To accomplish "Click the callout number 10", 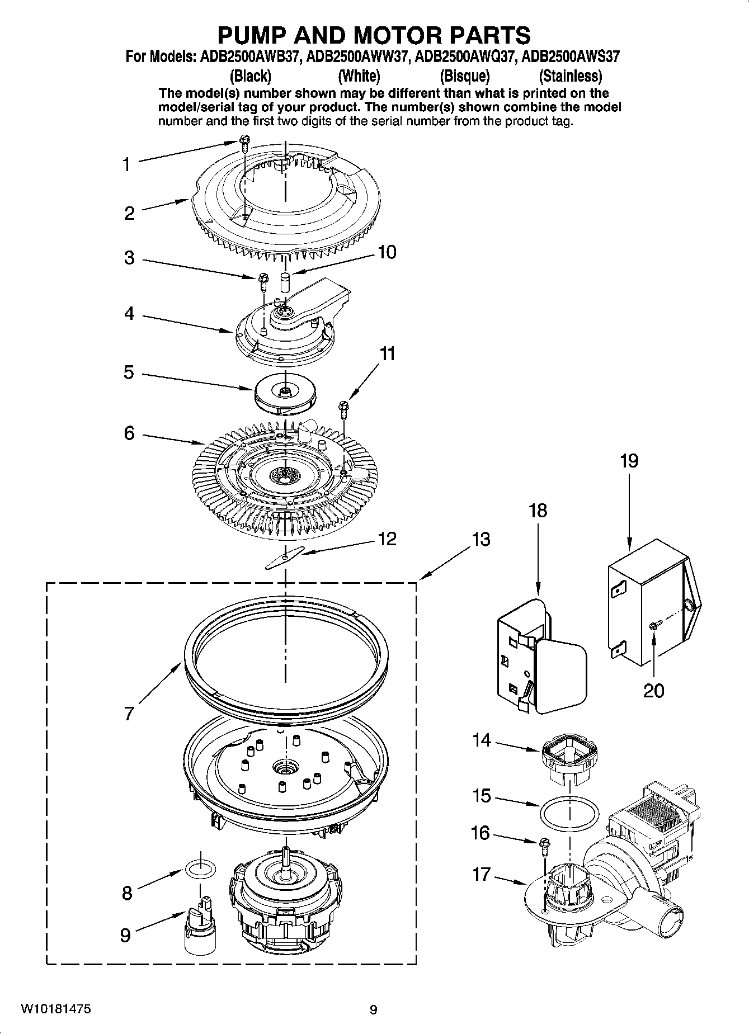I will click(x=387, y=252).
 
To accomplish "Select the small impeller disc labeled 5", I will click(x=284, y=393).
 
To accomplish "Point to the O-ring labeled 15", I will click(x=569, y=813).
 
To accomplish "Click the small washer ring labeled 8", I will click(x=200, y=870).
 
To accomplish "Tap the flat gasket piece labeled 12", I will click(x=284, y=558).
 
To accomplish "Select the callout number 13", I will click(x=481, y=539).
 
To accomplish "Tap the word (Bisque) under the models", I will click(x=464, y=75).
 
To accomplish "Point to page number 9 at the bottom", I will click(x=374, y=1010).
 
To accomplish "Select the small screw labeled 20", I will click(x=654, y=627).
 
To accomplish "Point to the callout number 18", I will click(x=538, y=511).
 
